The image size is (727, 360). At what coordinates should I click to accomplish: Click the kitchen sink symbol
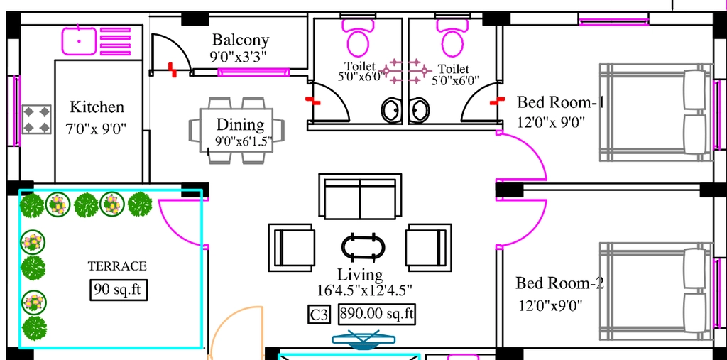80,40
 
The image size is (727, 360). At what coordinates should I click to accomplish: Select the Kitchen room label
97,107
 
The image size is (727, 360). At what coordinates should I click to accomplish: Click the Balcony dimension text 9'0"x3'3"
239,56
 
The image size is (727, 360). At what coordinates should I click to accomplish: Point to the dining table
236,130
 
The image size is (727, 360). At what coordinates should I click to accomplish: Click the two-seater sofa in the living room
360,196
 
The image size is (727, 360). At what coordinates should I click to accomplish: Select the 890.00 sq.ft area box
376,314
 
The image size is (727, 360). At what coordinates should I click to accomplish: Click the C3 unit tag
319,315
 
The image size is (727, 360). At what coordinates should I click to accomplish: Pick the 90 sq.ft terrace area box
119,290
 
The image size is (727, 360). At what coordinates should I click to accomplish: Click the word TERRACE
117,266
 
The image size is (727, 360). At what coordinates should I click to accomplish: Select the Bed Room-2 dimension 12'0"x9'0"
550,305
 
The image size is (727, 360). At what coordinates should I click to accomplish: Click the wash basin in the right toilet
420,110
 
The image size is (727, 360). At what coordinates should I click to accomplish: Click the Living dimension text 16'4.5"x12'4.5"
365,290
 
